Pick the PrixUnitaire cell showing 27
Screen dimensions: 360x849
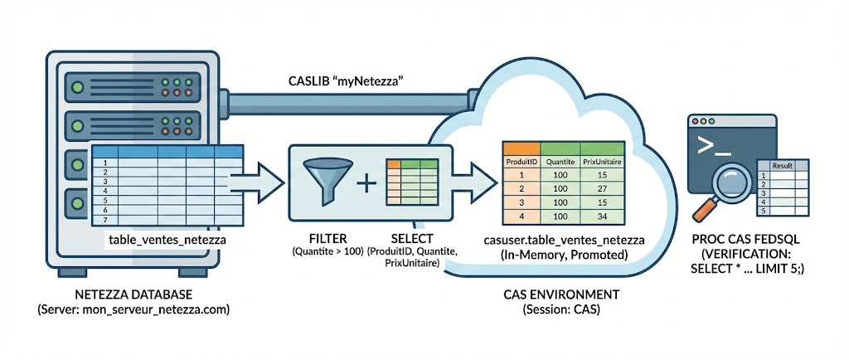coord(601,190)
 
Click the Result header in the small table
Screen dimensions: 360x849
coord(783,166)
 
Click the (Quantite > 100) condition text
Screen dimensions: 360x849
coord(326,251)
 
